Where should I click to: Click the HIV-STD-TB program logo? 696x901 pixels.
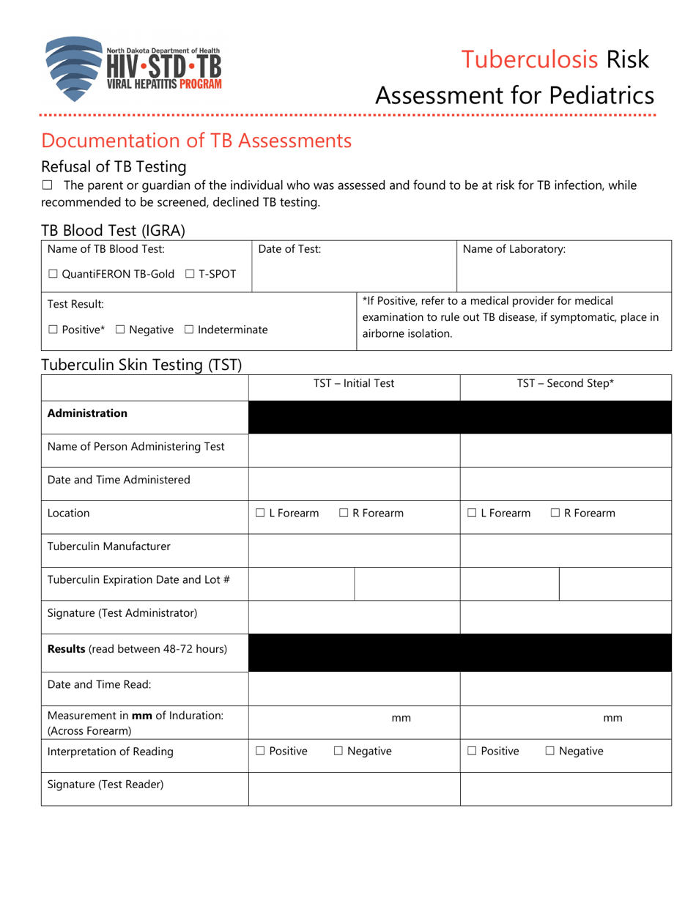coord(132,69)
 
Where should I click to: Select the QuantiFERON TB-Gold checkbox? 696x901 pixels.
coord(53,274)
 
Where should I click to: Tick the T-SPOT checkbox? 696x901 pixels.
coord(190,274)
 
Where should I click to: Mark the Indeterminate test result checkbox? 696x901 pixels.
coord(188,330)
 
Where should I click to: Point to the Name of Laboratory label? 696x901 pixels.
coord(514,250)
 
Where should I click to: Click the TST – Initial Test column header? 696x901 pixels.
coord(354,383)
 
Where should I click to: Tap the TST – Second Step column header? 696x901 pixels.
coord(565,383)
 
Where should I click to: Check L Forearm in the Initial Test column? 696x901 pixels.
coord(261,513)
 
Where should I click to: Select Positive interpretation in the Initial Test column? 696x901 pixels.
coord(261,751)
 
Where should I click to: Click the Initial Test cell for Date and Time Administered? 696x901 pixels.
coord(354,481)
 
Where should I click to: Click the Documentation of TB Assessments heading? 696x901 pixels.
coord(196,140)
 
